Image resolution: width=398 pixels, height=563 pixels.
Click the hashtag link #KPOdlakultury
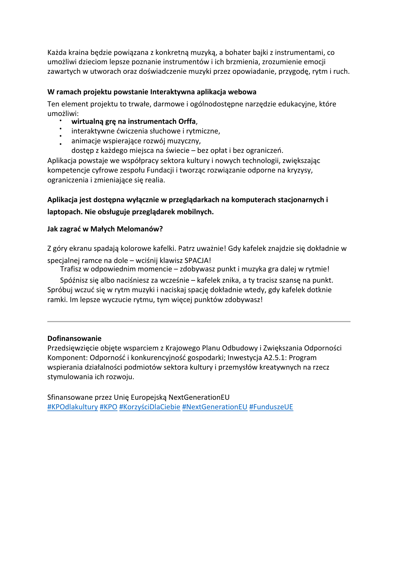click(x=73, y=407)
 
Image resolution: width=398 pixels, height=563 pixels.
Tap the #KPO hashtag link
click(x=108, y=407)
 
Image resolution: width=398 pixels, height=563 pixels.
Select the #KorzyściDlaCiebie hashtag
click(x=150, y=407)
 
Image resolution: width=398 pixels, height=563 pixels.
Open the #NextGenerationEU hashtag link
click(x=215, y=407)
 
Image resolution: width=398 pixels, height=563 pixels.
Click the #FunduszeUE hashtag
click(x=271, y=407)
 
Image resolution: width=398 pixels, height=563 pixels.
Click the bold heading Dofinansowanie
click(x=74, y=338)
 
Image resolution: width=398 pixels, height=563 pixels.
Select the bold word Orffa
click(x=187, y=121)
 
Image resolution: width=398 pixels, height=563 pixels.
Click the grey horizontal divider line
click(x=199, y=321)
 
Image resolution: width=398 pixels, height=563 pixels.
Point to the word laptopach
click(x=65, y=212)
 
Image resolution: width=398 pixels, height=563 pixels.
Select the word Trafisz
click(x=71, y=269)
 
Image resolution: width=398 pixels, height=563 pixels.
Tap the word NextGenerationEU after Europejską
click(x=199, y=397)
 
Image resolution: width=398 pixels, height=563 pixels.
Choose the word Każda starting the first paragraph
click(x=57, y=52)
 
